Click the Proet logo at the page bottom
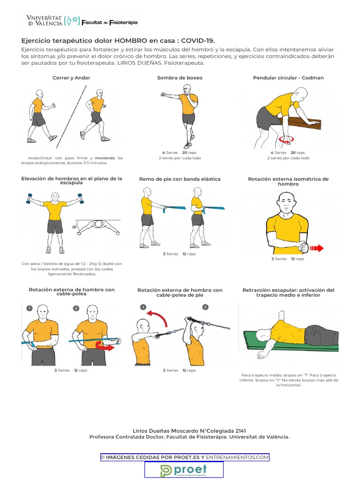pos(183,470)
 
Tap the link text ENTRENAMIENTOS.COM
pos(237,457)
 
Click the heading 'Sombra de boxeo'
pos(180,78)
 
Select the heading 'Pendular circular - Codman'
pos(288,78)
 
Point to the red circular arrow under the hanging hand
pos(286,139)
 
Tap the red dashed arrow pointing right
pos(316,248)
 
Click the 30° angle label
pos(74,227)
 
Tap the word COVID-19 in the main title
pos(198,41)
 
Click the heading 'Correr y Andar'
pos(71,78)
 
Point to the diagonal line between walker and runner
pos(71,117)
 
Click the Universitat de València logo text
pos(45,21)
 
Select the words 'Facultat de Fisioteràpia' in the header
pos(110,22)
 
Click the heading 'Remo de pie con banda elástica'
pos(180,179)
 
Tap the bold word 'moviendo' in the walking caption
pos(105,158)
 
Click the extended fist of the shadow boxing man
pos(163,94)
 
